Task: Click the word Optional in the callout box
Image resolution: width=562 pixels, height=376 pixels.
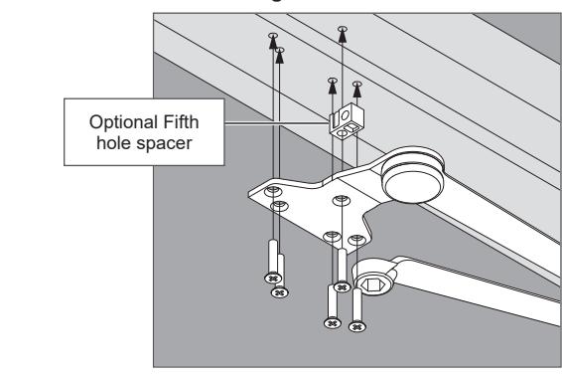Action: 124,122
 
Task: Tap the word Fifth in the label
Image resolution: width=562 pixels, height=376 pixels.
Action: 181,121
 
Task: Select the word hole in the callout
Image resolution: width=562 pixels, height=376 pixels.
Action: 113,142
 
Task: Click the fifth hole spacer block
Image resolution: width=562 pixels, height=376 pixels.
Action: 347,120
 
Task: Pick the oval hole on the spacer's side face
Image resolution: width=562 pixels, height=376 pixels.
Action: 346,115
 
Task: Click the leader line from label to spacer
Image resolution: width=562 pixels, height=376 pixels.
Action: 277,123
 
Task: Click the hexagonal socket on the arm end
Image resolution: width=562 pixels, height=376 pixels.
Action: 373,285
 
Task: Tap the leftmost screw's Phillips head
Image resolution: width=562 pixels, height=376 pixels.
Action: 273,278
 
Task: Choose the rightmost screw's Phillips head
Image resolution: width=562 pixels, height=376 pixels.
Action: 357,327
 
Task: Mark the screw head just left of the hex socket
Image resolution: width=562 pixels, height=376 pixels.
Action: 342,287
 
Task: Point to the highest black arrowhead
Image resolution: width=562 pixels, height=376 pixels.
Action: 343,36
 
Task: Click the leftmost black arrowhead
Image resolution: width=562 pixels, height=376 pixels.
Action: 273,42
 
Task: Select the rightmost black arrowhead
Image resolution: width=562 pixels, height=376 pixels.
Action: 357,91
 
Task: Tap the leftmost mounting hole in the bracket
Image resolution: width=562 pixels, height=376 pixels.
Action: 273,191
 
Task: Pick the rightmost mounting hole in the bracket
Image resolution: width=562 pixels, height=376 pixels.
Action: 357,240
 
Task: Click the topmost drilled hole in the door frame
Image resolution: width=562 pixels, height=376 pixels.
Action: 343,29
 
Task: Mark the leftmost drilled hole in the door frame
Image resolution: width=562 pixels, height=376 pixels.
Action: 273,35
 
